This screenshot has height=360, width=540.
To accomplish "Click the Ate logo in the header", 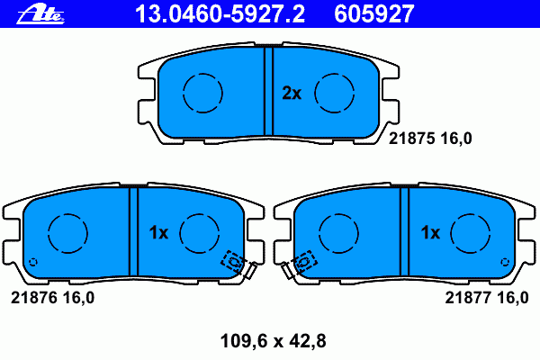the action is click(x=40, y=14).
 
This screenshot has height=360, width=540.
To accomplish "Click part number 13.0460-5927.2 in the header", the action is click(x=220, y=13).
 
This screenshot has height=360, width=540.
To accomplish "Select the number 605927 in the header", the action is click(x=374, y=13).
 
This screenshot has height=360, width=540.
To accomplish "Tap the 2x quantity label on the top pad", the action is click(x=292, y=93).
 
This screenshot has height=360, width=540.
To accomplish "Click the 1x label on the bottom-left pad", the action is click(x=158, y=233).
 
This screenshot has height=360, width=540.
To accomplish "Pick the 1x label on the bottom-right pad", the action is click(x=430, y=233).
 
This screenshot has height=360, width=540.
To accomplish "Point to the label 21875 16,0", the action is click(x=430, y=139).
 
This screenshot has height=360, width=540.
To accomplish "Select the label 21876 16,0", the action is click(x=53, y=298).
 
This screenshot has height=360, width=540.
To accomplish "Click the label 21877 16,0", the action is click(x=487, y=298).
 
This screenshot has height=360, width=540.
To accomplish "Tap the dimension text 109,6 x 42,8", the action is click(x=273, y=341).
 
